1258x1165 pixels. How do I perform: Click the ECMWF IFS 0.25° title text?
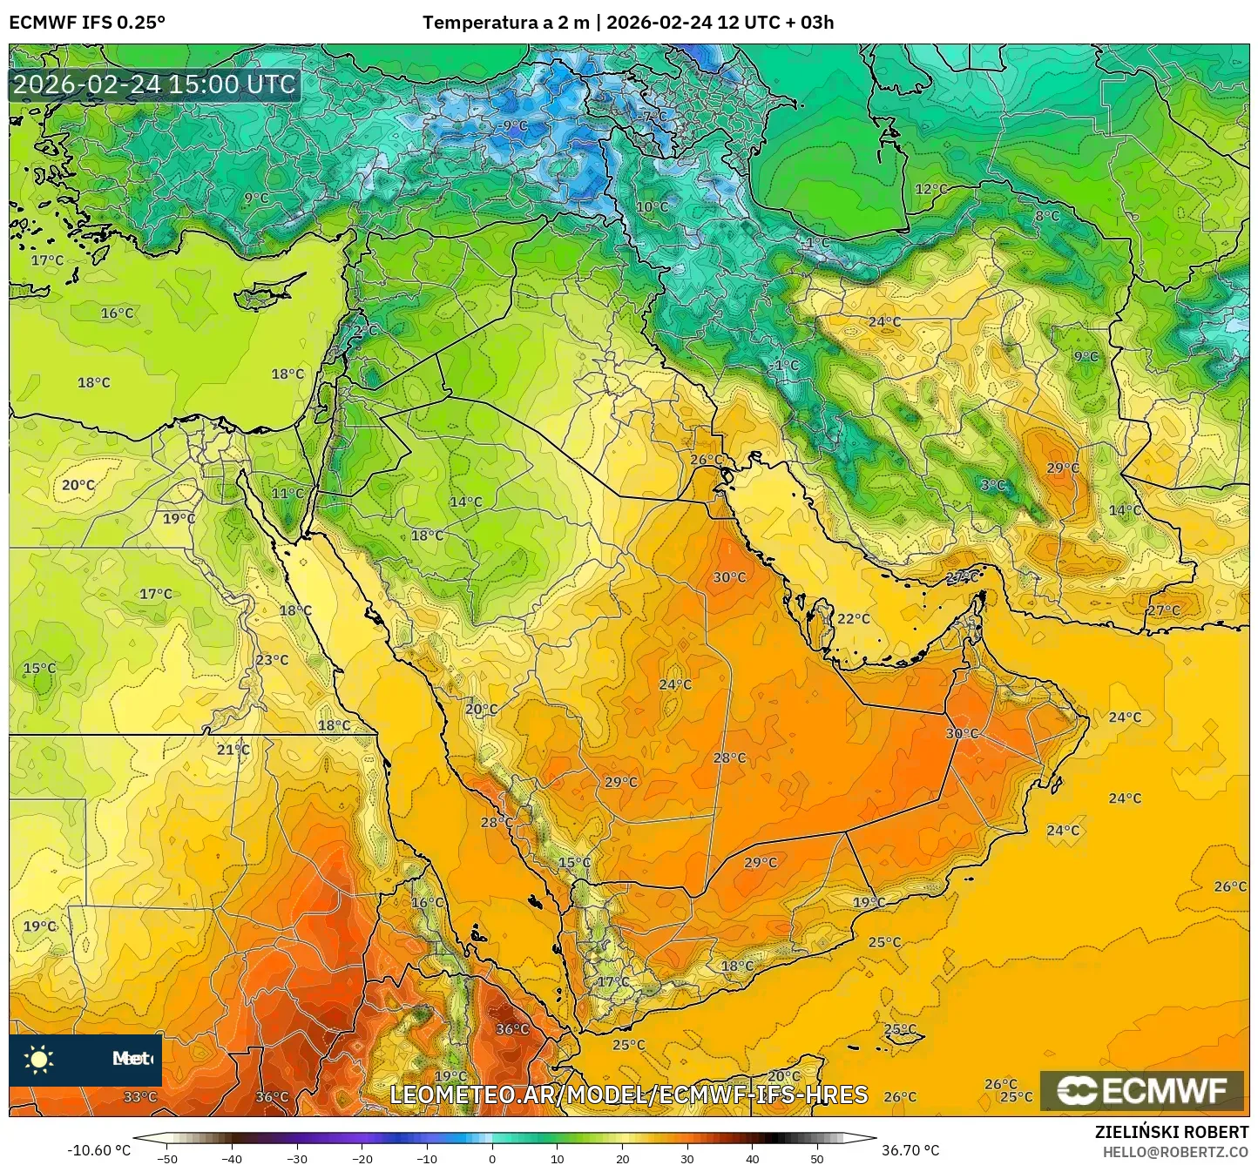(87, 23)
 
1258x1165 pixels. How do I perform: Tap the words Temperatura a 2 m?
(505, 23)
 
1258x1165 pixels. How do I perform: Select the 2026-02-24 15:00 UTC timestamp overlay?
(154, 84)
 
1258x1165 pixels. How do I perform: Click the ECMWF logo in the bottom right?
(1142, 1090)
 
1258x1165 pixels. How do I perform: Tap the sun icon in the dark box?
(39, 1060)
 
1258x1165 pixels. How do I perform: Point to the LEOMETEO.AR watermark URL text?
(628, 1094)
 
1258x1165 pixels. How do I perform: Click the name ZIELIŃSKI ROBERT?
(1171, 1132)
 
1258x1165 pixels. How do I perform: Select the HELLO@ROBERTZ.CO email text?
(1174, 1152)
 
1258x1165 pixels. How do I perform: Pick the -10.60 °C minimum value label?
(98, 1150)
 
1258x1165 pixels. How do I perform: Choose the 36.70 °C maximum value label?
(910, 1150)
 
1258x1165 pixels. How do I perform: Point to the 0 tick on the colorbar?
(492, 1158)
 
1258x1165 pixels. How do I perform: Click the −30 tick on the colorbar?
(297, 1158)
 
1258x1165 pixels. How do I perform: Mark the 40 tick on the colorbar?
(753, 1158)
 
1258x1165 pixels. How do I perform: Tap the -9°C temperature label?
(514, 126)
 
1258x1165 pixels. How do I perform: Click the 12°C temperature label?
(930, 189)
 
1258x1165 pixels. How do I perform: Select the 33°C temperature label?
(139, 1096)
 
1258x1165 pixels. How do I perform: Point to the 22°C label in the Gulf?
(853, 618)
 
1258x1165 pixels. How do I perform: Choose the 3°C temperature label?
(992, 485)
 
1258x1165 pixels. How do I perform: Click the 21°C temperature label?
(233, 749)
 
